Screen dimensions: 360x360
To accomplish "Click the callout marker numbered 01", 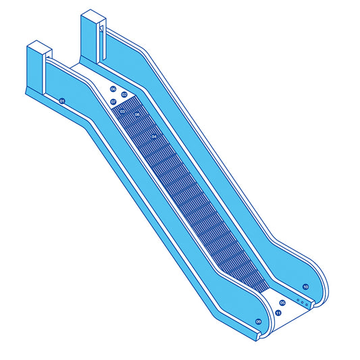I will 62,101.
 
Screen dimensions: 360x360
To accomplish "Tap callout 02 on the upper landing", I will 124,95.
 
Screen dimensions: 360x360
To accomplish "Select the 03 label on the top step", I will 123,111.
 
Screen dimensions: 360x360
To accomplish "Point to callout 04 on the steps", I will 155,137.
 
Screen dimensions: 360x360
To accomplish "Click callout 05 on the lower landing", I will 282,303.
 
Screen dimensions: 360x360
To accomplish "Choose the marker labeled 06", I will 113,89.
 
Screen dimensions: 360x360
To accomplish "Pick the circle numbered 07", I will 113,102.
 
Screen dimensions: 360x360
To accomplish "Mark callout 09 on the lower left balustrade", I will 258,322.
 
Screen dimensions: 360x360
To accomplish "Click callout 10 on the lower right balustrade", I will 305,287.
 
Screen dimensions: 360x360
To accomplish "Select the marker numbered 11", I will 278,313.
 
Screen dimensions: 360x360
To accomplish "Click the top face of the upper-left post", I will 38,48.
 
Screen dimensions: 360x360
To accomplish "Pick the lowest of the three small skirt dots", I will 308,305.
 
